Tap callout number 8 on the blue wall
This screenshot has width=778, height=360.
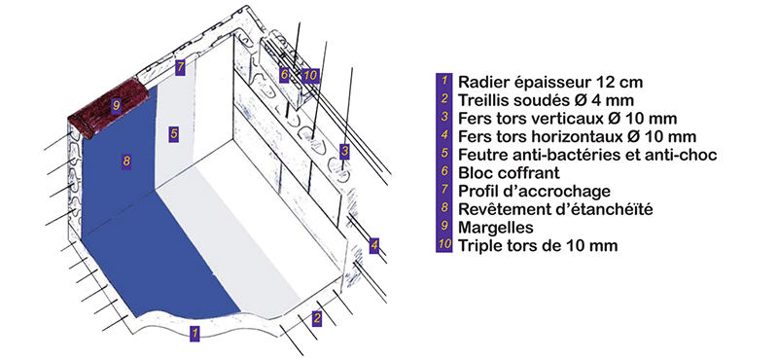(125, 160)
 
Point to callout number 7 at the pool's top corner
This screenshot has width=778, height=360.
(179, 67)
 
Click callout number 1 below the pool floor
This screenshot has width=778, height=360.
(195, 333)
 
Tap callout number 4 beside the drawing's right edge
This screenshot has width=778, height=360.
(374, 243)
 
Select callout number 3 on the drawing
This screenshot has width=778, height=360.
(344, 150)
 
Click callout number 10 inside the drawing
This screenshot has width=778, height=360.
(310, 74)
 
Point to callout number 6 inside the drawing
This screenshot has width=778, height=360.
(285, 74)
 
